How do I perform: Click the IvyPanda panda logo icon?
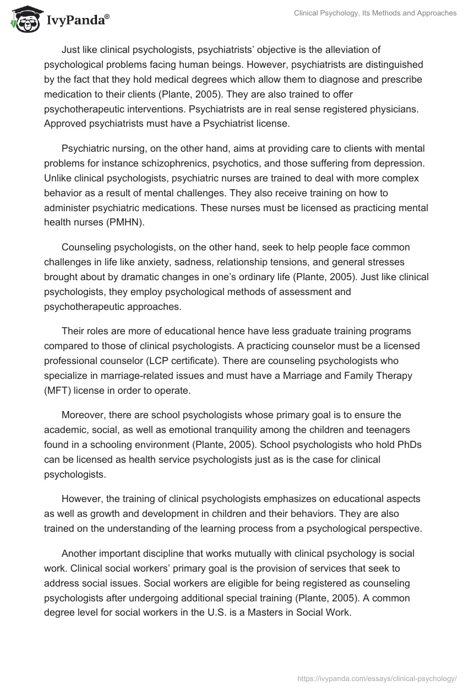[x=23, y=22]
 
